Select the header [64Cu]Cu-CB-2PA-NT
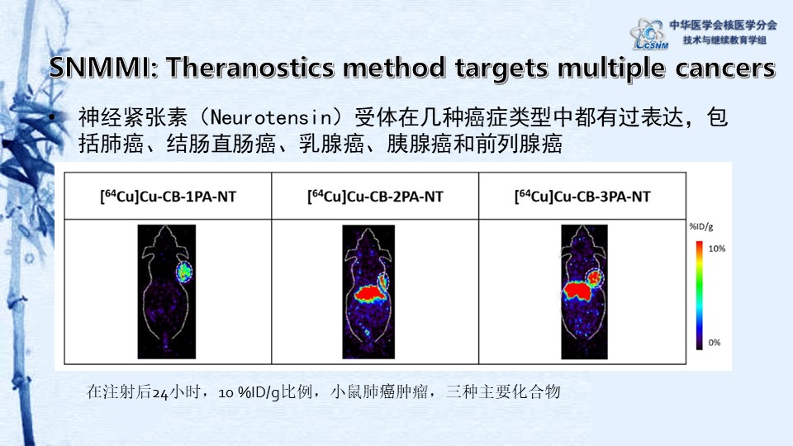376,197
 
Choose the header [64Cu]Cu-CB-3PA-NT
582,197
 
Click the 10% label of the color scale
715,249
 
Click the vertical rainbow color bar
699,293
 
